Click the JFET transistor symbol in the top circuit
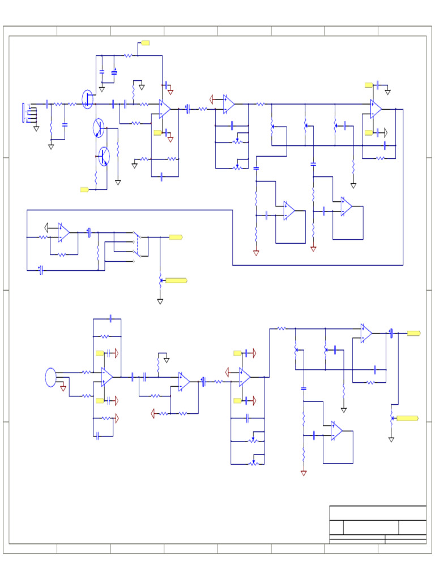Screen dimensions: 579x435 87,98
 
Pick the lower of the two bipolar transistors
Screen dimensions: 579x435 105,155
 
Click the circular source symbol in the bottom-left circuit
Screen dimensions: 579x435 51,377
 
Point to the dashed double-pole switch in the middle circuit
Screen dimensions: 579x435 137,247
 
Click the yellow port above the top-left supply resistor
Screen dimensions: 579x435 145,42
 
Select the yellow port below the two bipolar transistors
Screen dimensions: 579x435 84,189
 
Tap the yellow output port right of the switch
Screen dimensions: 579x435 175,237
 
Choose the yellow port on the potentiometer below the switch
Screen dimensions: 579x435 176,280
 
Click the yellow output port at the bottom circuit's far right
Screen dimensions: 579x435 413,334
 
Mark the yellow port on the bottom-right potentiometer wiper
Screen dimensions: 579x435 407,418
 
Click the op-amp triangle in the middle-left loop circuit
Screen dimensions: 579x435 63,232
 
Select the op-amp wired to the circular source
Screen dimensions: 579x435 107,377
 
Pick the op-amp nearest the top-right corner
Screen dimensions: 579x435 376,109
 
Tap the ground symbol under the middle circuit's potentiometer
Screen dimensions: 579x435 160,301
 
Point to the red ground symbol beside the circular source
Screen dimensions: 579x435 63,388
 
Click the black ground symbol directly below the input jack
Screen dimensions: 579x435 36,128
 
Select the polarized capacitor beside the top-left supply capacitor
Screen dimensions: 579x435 114,72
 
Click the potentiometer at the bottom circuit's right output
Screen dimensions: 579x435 391,418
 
